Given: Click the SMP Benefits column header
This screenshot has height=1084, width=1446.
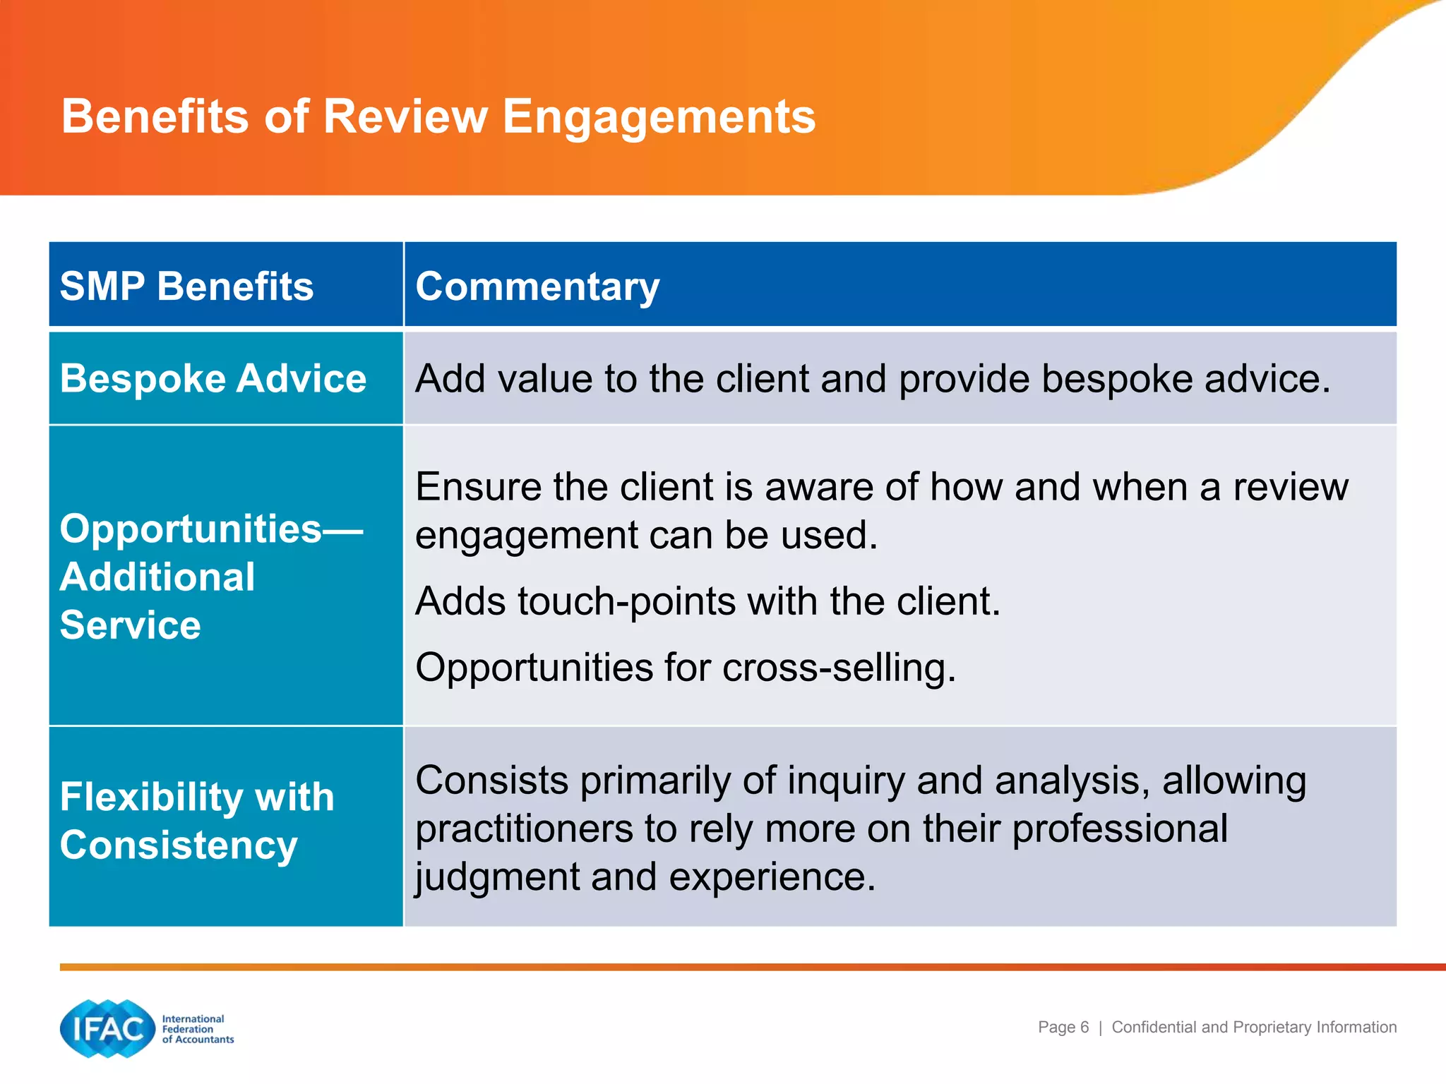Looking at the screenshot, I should [186, 287].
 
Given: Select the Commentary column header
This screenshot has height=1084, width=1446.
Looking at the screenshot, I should [537, 287].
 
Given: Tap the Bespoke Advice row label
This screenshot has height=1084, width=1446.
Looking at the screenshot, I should [213, 379].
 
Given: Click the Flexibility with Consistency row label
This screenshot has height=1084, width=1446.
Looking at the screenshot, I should [196, 821].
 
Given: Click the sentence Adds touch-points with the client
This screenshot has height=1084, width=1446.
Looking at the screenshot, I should [707, 601].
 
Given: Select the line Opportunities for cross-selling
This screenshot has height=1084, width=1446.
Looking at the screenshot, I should [686, 668].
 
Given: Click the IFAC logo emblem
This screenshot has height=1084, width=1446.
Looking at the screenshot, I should [107, 1028].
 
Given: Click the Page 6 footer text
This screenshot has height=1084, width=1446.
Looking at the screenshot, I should [1063, 1028].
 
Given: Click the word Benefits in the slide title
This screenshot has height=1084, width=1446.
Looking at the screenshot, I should [155, 116].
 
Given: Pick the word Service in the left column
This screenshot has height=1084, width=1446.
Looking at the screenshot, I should [130, 625].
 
